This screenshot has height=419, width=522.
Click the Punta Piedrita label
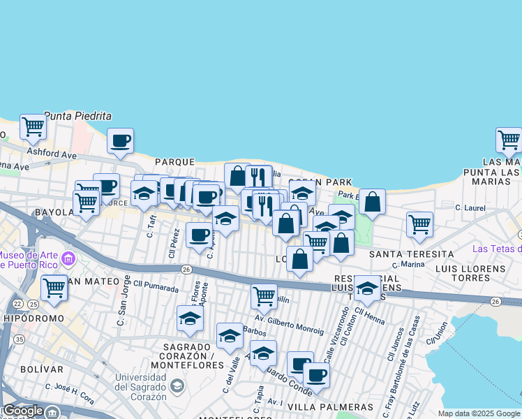78,116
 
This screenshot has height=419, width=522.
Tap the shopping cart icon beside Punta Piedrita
33,127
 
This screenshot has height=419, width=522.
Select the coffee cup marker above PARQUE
120,141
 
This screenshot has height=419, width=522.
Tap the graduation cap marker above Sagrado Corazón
190,319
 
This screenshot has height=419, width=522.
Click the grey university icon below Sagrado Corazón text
177,385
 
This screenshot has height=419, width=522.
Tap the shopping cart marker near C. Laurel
419,224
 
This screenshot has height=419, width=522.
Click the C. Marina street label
408,264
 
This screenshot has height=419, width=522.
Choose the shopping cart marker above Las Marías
509,140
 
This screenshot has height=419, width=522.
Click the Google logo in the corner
22,411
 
